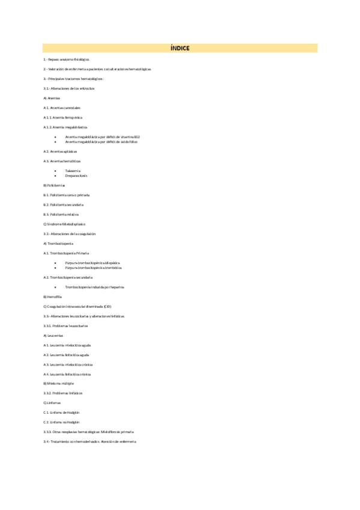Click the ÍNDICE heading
coord(180,48)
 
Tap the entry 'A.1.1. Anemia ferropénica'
coord(63,117)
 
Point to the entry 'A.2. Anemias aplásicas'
coord(60,151)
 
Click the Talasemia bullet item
coord(73,171)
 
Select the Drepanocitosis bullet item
coord(76,176)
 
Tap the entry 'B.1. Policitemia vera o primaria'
coord(67,195)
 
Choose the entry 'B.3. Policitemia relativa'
coord(61,214)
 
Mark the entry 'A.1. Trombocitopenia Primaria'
coord(66,253)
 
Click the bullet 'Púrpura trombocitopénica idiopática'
coord(93,263)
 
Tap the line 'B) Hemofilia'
coord(52,296)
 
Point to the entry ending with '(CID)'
coord(78,306)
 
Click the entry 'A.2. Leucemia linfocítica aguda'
coord(66,355)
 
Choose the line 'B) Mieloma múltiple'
coord(58,383)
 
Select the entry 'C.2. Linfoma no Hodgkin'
coord(61,422)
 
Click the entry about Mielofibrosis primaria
coord(89,432)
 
